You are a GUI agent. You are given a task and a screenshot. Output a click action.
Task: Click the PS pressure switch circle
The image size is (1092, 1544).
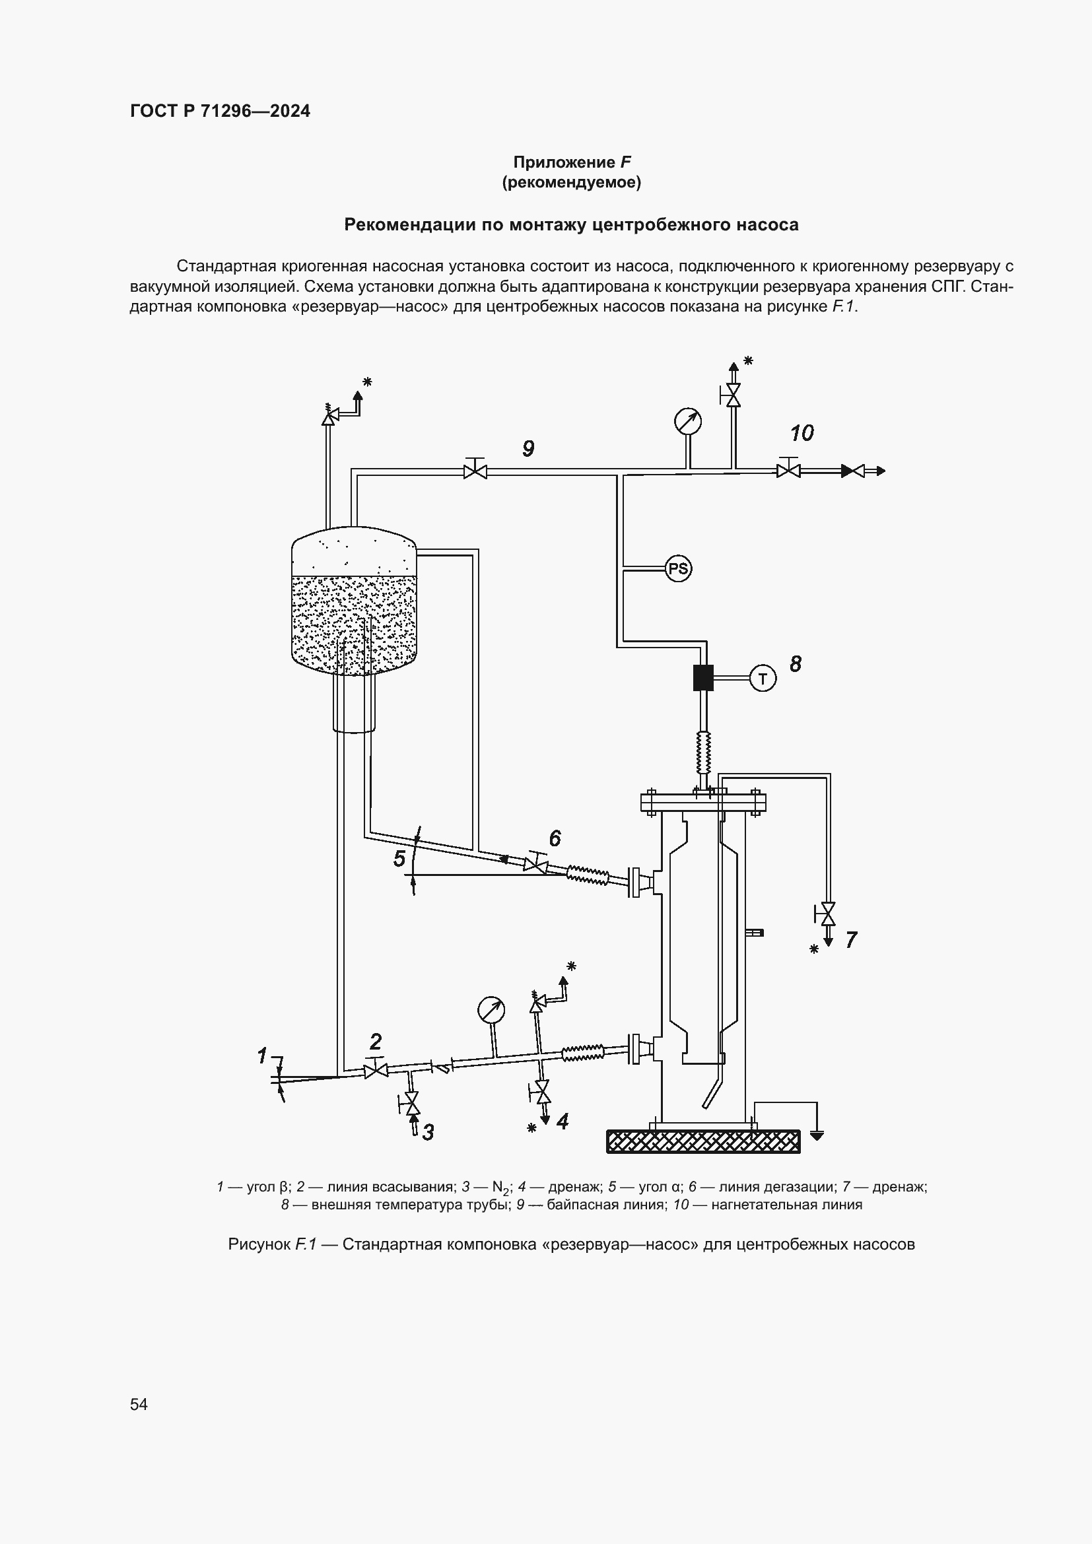click(678, 569)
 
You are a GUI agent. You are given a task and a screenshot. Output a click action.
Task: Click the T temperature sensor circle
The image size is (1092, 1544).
click(763, 679)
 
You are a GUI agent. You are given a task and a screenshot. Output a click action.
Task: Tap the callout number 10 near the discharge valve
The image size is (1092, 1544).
click(802, 433)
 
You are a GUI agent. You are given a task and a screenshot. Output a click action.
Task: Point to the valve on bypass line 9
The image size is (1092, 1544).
click(475, 471)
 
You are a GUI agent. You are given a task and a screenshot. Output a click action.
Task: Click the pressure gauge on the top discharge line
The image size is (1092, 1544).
click(688, 422)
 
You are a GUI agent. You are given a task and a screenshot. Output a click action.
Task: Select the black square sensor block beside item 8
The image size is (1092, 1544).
click(703, 678)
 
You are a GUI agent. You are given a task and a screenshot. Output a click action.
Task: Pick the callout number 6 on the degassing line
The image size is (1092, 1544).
click(555, 838)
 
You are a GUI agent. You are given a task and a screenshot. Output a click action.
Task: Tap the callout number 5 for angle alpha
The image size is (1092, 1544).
click(399, 859)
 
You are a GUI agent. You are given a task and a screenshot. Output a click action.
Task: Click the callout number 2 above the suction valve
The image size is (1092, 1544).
click(375, 1042)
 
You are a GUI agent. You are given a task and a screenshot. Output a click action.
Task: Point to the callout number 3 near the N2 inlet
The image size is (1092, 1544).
click(428, 1133)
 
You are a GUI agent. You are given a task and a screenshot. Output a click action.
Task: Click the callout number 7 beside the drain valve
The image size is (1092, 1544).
click(850, 940)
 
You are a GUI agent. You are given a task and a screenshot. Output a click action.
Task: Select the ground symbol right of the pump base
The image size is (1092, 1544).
click(816, 1137)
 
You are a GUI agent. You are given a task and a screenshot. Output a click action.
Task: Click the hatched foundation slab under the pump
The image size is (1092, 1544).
click(702, 1141)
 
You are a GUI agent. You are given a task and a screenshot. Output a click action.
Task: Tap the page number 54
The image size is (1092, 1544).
click(139, 1404)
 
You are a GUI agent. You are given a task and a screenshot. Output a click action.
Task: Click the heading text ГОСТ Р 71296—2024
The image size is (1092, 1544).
click(220, 111)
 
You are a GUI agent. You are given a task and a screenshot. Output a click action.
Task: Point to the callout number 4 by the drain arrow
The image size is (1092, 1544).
click(562, 1121)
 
